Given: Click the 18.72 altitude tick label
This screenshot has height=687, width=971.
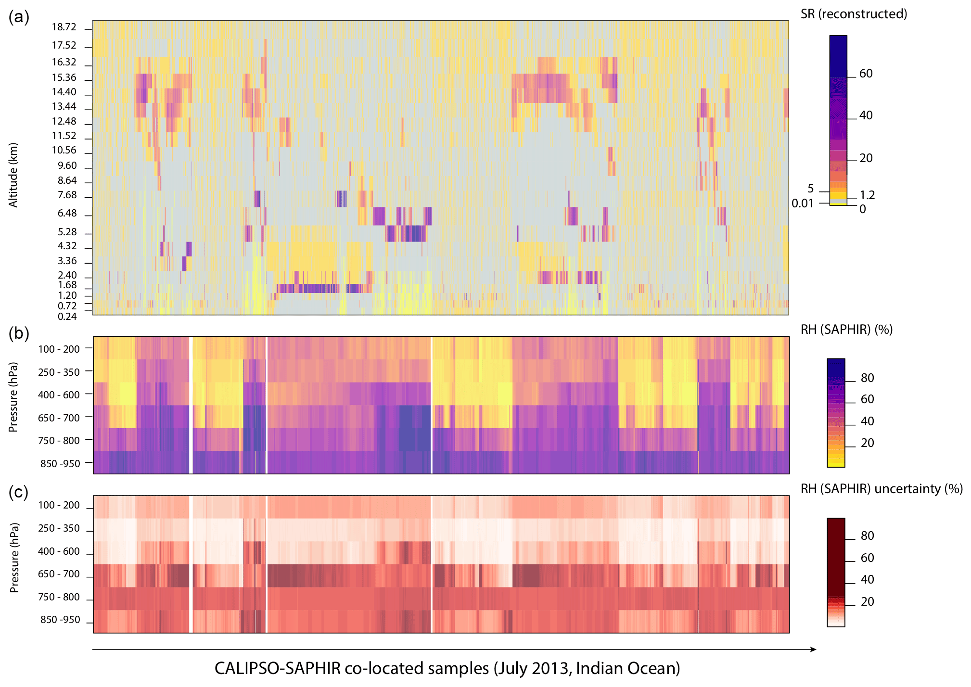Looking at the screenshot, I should coord(64,27).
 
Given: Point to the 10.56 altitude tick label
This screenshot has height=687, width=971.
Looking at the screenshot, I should coord(64,150).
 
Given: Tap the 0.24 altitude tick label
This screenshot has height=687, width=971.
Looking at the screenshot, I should coord(67,316).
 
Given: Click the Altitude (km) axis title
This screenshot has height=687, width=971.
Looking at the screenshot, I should coord(13,175).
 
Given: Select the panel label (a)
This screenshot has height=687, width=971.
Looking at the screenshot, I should coord(19,17).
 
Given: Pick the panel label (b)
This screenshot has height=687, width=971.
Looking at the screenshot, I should coord(19,333).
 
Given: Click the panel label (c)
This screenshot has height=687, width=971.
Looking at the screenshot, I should coord(19,492).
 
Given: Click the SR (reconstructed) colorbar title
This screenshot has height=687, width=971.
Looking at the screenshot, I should coord(854,14).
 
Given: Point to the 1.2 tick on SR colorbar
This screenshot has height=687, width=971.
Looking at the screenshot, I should coord(867,195).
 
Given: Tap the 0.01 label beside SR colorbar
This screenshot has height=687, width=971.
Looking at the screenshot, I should coord(802,204).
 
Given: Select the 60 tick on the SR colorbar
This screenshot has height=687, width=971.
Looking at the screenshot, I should coord(866,73).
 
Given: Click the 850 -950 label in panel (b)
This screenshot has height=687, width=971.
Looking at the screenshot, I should coord(60,463).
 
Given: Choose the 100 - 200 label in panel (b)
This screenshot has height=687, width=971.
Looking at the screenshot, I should coord(59,349).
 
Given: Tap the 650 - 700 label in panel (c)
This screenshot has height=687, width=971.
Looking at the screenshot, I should coord(59,573).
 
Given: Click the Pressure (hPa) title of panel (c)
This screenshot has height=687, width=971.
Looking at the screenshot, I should coord(14,558).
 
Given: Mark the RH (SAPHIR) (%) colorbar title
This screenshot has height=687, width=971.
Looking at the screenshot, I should coord(846,330).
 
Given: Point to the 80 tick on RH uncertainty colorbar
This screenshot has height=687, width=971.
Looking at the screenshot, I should coord(867,535).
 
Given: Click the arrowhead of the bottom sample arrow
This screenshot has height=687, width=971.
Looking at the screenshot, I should coord(814,649).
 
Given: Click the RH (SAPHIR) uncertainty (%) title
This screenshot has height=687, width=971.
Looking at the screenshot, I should coord(882,489).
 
